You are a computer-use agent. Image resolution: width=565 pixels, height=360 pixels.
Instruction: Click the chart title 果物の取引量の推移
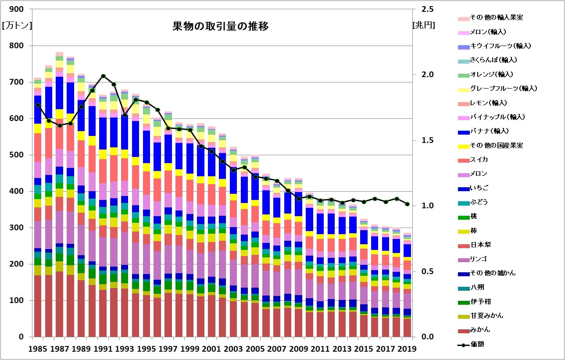tap(221, 26)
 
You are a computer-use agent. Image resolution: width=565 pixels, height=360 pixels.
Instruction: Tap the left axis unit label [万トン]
tap(17, 25)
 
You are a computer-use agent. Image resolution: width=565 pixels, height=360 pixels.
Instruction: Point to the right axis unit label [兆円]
tap(424, 25)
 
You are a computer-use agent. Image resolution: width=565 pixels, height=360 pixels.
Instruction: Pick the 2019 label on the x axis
tap(407, 349)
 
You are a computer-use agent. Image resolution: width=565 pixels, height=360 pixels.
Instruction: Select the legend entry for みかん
tap(480, 329)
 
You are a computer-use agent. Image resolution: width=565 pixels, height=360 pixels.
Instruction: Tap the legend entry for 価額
tap(477, 344)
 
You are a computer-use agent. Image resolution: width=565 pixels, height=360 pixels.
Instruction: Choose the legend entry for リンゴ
tap(480, 258)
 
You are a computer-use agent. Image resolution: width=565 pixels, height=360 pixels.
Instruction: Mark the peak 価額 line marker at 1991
tap(103, 76)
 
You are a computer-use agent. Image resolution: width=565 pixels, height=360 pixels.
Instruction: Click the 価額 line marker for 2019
tap(407, 204)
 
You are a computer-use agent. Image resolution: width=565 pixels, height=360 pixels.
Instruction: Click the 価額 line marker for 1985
tap(38, 105)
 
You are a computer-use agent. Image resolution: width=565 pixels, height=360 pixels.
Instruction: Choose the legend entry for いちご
tap(479, 188)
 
